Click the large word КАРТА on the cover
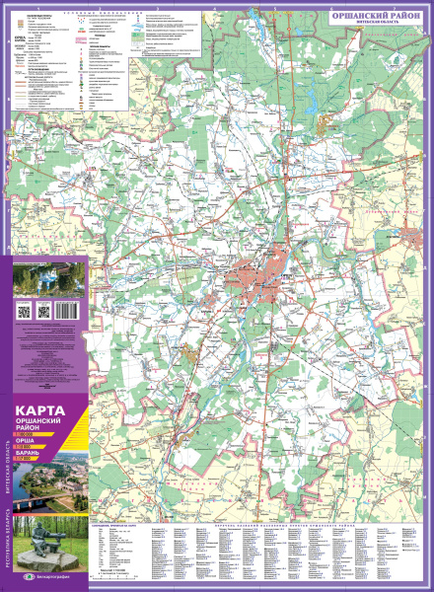pyautogui.click(x=40, y=409)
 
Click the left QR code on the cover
pyautogui.click(x=23, y=312)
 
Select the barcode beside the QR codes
pyautogui.click(x=65, y=311)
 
